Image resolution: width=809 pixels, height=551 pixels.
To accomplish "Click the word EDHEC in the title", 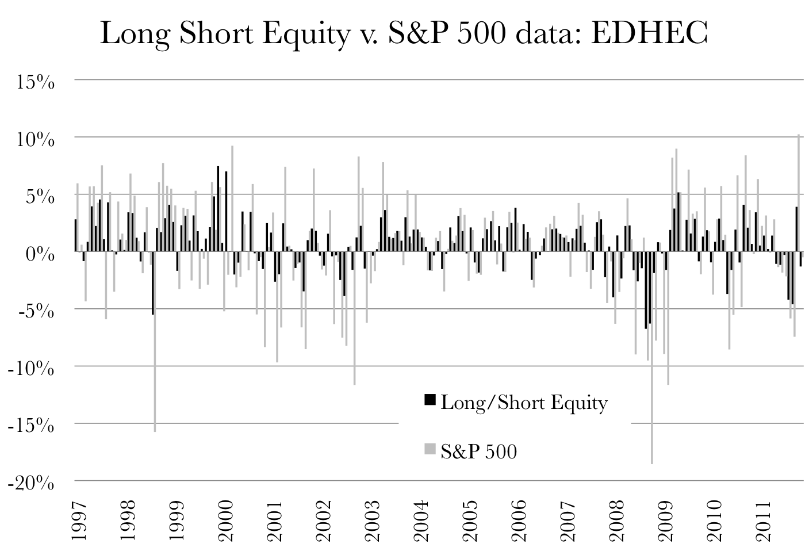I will click(x=648, y=33).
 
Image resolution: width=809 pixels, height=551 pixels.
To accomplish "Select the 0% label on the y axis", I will click(x=40, y=254).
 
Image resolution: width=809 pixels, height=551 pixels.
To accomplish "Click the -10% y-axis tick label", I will click(x=31, y=368).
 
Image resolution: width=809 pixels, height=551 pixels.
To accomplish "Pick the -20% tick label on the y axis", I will click(x=31, y=483).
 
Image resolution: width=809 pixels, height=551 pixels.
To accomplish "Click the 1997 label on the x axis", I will click(x=79, y=521).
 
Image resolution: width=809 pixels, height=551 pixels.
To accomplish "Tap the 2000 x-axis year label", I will click(x=226, y=521).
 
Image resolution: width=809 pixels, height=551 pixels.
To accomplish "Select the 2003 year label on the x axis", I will click(x=373, y=521).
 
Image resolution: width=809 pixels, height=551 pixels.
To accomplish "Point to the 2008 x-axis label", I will click(x=617, y=521).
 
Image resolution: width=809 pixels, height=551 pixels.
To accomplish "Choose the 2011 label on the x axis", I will click(x=764, y=521).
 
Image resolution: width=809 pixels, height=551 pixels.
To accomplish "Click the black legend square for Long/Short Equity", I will click(x=430, y=400).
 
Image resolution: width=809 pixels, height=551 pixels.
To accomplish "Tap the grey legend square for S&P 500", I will click(x=430, y=449).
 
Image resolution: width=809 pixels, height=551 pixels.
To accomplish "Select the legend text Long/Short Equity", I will click(x=524, y=403).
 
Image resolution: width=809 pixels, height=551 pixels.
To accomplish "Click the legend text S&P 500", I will click(x=479, y=451).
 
